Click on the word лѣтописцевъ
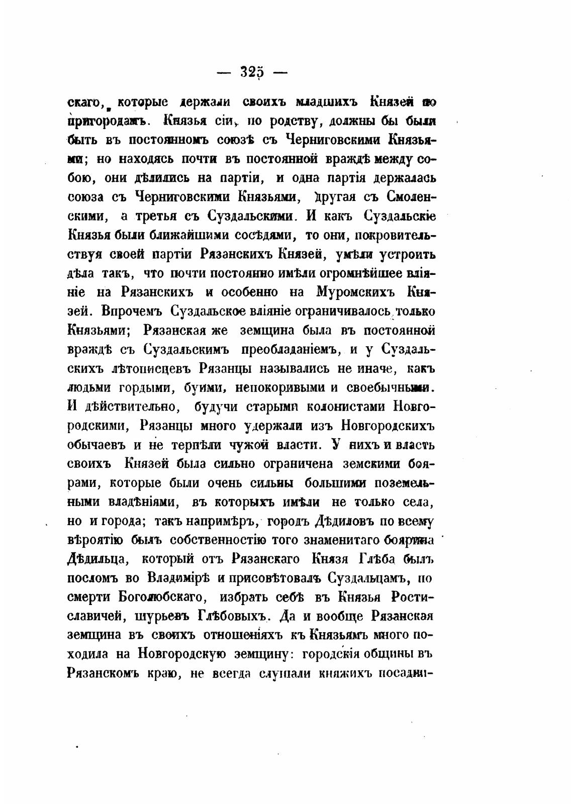point(152,368)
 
